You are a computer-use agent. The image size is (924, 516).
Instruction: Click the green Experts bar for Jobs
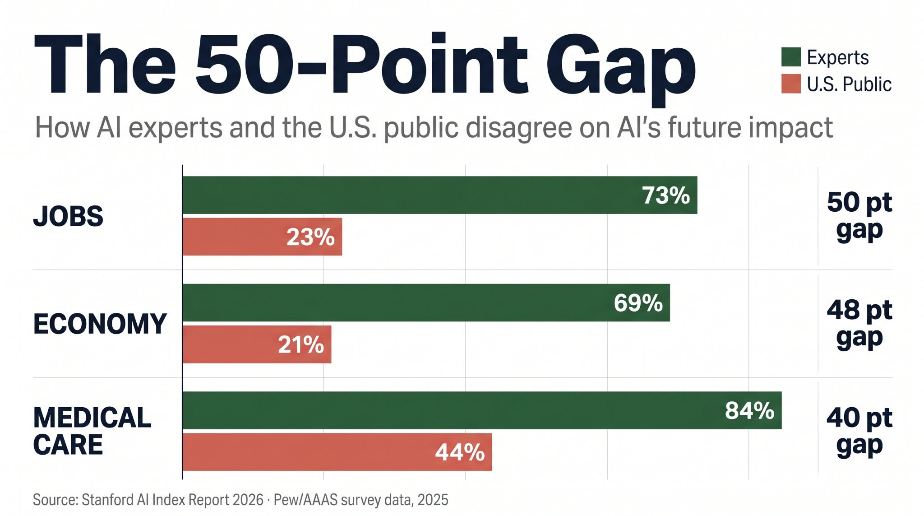[x=406, y=195]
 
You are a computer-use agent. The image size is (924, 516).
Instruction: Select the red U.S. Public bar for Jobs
[x=235, y=237]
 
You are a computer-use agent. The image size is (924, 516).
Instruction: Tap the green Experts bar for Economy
[x=397, y=302]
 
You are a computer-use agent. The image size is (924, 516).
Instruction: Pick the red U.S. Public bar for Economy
[x=230, y=344]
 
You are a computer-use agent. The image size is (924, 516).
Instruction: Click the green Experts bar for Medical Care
[x=451, y=410]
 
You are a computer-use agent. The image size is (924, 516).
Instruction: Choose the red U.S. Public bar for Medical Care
[x=307, y=452]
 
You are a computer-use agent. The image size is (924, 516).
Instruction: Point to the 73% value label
[x=665, y=195]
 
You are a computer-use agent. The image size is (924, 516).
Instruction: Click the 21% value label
[x=301, y=345]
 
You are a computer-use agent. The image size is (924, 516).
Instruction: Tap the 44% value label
[x=460, y=452]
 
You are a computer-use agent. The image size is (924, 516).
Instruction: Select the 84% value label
[x=749, y=411]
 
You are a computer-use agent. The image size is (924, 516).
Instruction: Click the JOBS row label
[x=68, y=216]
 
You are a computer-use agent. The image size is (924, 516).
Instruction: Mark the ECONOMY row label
[x=100, y=324]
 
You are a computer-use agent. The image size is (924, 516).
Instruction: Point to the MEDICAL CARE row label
[x=92, y=431]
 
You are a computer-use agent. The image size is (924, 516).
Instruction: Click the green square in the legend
[x=791, y=57]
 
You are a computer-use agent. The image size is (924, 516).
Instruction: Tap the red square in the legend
[x=791, y=84]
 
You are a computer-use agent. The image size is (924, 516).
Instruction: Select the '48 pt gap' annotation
[x=859, y=324]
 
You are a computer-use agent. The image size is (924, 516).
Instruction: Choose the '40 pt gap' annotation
[x=859, y=432]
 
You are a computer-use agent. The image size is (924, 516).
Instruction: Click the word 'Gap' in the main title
[x=621, y=68]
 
